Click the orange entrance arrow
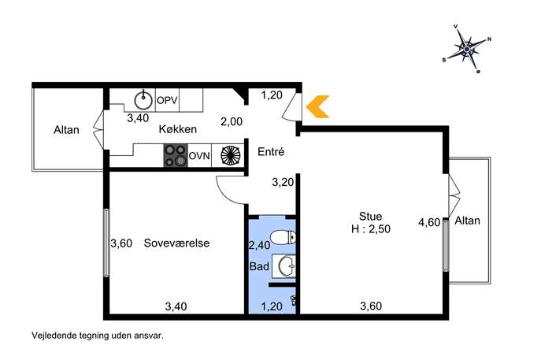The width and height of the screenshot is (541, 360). pyautogui.click(x=316, y=106)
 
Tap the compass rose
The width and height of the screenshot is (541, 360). pyautogui.click(x=466, y=49)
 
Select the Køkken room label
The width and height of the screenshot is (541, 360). pyautogui.click(x=178, y=129)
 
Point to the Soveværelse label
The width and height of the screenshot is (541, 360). pyautogui.click(x=176, y=243)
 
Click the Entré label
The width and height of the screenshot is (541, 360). pyautogui.click(x=271, y=151)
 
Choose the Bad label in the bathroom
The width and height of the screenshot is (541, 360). pyautogui.click(x=259, y=266)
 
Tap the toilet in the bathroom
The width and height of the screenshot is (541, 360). pyautogui.click(x=283, y=238)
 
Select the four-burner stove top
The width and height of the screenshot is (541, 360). pyautogui.click(x=176, y=156)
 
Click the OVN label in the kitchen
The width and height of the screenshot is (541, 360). pyautogui.click(x=199, y=156)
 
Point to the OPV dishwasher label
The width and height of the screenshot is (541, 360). pyautogui.click(x=167, y=101)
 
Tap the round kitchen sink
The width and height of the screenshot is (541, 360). pyautogui.click(x=143, y=100)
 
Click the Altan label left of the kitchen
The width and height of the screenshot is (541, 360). pyautogui.click(x=66, y=130)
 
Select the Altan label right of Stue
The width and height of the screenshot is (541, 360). pyautogui.click(x=467, y=221)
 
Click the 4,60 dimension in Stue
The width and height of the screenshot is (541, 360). pyautogui.click(x=429, y=222)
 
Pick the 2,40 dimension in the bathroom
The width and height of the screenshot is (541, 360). pyautogui.click(x=259, y=245)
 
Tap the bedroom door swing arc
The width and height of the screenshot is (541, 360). pyautogui.click(x=226, y=194)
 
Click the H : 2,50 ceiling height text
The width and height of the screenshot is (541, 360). pyautogui.click(x=371, y=228)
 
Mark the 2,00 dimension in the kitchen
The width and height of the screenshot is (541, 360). pyautogui.click(x=232, y=121)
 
